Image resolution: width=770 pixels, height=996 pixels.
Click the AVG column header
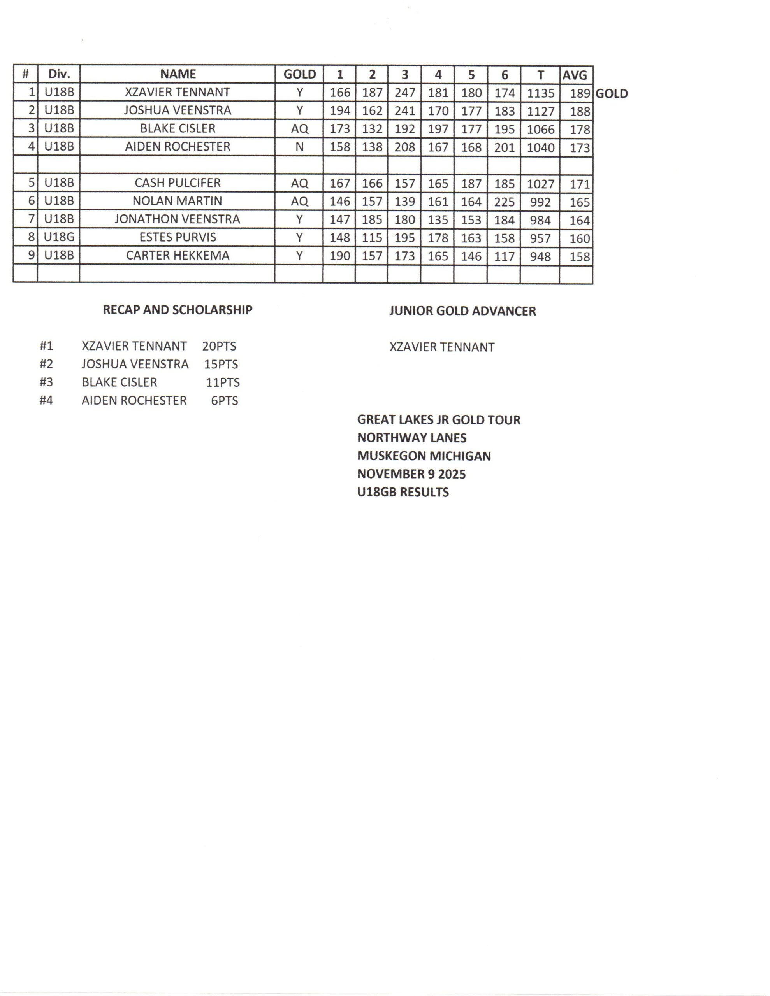point(575,75)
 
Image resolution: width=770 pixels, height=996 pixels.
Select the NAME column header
point(178,74)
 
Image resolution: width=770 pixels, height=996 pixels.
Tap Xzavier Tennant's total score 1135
point(540,93)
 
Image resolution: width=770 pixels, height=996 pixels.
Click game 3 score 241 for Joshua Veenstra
point(404,111)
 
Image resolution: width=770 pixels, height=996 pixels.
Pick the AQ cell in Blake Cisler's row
point(299,129)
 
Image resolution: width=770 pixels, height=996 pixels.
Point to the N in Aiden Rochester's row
point(299,147)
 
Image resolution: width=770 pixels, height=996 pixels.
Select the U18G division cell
point(59,237)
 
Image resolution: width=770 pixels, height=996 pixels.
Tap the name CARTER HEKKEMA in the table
point(178,255)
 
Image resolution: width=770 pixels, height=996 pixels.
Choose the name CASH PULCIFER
point(178,183)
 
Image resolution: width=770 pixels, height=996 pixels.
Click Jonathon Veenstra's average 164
point(580,220)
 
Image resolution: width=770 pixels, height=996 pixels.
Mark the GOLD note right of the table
point(612,93)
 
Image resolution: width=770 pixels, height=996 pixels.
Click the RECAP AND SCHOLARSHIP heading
point(178,310)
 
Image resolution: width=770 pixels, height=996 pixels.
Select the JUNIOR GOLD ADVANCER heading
point(462,311)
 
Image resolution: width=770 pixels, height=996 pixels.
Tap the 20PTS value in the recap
point(219,346)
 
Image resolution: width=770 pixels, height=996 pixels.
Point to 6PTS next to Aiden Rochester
point(224,400)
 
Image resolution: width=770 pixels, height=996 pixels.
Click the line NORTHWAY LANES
point(412,438)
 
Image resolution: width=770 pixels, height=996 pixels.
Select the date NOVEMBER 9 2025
point(411,474)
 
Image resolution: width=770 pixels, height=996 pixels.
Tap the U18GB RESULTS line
point(403,492)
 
